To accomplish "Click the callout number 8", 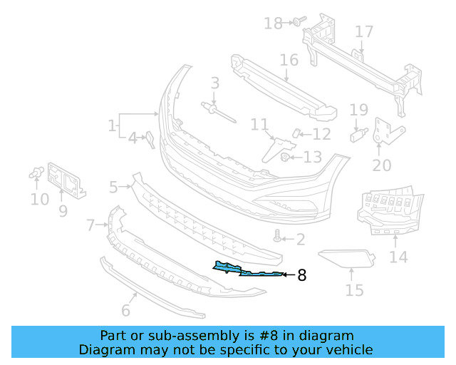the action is click(301, 274).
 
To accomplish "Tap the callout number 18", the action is click(273, 24).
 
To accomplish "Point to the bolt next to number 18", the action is click(296, 22).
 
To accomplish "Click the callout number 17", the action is click(364, 32).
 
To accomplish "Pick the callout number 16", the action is click(289, 59).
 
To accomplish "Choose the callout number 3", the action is click(214, 84).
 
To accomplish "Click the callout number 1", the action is click(112, 126).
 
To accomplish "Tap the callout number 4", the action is click(133, 138).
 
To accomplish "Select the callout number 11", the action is click(259, 125).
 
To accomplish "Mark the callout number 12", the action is click(322, 133).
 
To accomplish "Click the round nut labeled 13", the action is click(284, 157).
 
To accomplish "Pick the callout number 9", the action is click(63, 211).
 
